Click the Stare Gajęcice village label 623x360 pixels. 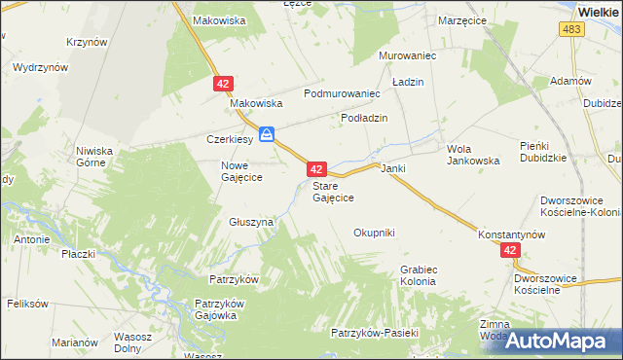(x=332, y=191)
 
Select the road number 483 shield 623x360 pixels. (x=571, y=31)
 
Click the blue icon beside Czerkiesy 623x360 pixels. (x=266, y=134)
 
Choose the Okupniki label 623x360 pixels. (x=374, y=233)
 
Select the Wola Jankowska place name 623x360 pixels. (x=473, y=155)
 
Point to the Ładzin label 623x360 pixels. (x=408, y=83)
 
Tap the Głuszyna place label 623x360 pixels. (x=251, y=222)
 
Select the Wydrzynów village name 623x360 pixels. (x=40, y=68)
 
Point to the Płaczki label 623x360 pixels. (x=78, y=254)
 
